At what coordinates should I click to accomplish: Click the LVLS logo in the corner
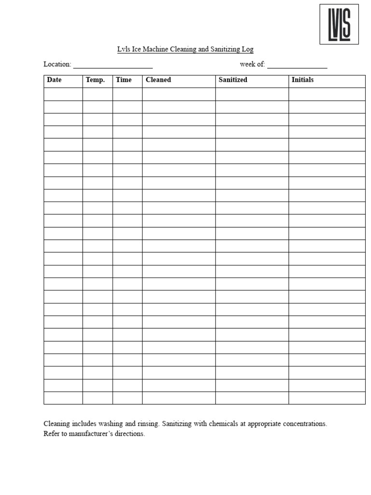339,24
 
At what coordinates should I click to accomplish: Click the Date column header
54,80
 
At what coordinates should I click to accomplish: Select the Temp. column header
95,80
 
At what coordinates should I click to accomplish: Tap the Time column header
124,80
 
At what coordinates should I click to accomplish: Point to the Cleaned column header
158,80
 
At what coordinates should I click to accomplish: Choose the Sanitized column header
233,80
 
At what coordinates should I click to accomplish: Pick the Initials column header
302,80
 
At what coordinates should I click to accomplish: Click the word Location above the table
57,64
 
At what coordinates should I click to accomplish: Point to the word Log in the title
248,49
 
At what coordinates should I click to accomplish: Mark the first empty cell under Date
63,94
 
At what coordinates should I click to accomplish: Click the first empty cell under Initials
327,94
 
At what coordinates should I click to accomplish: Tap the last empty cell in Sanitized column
252,398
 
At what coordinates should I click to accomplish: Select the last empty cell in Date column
63,398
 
